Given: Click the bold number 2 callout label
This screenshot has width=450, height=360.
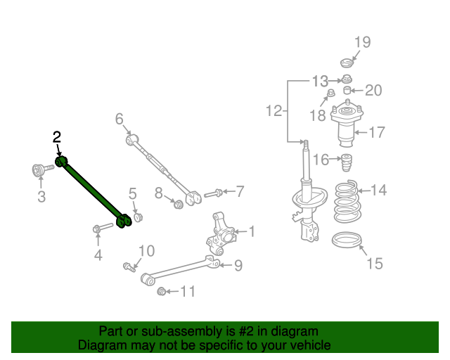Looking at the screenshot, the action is point(57,137).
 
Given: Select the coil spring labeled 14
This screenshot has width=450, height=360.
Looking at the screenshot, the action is point(347,201).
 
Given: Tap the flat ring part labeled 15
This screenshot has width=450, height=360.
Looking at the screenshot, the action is point(347,240).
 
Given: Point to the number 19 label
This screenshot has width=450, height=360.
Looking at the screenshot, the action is point(363,42).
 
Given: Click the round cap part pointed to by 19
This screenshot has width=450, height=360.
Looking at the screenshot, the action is point(347,63).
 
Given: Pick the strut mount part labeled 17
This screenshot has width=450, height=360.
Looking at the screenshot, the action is point(347,124).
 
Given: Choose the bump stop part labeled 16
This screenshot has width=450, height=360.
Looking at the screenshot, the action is point(347,162).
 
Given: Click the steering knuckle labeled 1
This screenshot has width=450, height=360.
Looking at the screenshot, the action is point(220,234).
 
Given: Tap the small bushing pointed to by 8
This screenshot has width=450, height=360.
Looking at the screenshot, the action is point(178,204).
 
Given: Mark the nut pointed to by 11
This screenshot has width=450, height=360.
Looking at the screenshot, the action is point(162,291).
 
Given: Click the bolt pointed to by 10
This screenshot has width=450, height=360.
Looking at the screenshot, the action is point(129,267).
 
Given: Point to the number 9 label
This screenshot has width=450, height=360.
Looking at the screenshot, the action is point(238,266).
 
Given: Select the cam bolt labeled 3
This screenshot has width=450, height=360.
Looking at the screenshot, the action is point(42,170).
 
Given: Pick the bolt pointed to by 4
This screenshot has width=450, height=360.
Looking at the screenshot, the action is point(103,228).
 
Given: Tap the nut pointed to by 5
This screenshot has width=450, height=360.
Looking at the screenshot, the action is point(138,217).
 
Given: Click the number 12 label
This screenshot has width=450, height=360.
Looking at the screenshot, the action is point(274,111).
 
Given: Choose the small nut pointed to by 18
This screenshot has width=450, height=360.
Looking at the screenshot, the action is point(331,93).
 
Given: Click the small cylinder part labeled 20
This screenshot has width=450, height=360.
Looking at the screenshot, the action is point(347,90).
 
